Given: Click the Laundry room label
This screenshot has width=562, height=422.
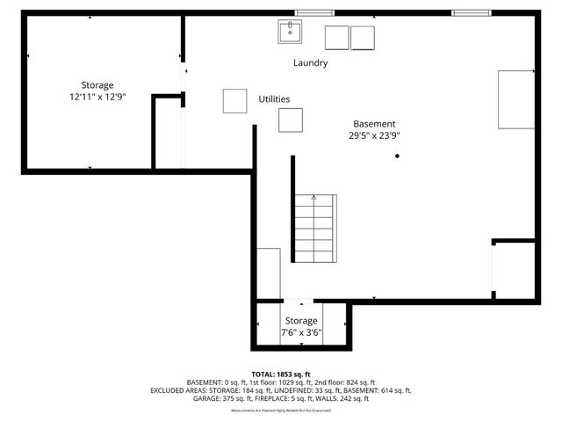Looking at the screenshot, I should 310,63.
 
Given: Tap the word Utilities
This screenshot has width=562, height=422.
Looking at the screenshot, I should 274,99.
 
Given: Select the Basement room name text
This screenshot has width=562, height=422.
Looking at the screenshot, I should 374,124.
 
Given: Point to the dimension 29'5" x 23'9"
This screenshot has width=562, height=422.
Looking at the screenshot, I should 374,136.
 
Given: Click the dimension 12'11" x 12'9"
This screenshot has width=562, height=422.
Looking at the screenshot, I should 98,98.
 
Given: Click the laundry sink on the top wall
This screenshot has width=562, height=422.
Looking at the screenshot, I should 291,33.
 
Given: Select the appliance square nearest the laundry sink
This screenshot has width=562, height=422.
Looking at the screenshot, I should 336,38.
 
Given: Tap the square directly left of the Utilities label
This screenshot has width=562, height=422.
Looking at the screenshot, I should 234,101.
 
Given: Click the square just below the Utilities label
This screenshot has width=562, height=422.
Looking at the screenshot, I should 291,120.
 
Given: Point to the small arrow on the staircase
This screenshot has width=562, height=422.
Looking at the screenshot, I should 313,199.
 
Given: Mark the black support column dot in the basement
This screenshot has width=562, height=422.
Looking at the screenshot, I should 397,156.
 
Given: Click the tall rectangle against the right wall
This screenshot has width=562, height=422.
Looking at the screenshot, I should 516,99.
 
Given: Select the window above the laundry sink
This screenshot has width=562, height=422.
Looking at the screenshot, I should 307,12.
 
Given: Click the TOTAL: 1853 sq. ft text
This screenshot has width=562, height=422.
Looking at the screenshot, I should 280,374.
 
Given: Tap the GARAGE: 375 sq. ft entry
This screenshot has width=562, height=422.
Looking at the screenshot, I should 216,398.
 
